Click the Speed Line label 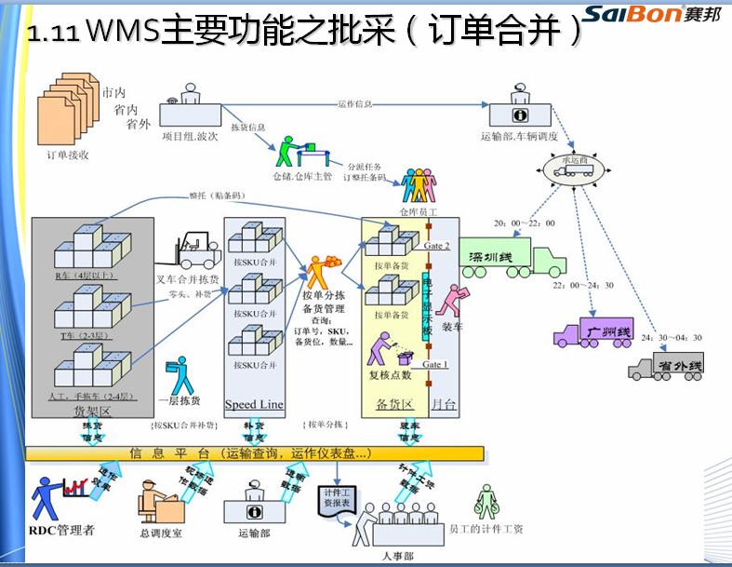tap(254, 405)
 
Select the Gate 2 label tap(437, 247)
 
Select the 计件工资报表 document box tap(336, 496)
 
